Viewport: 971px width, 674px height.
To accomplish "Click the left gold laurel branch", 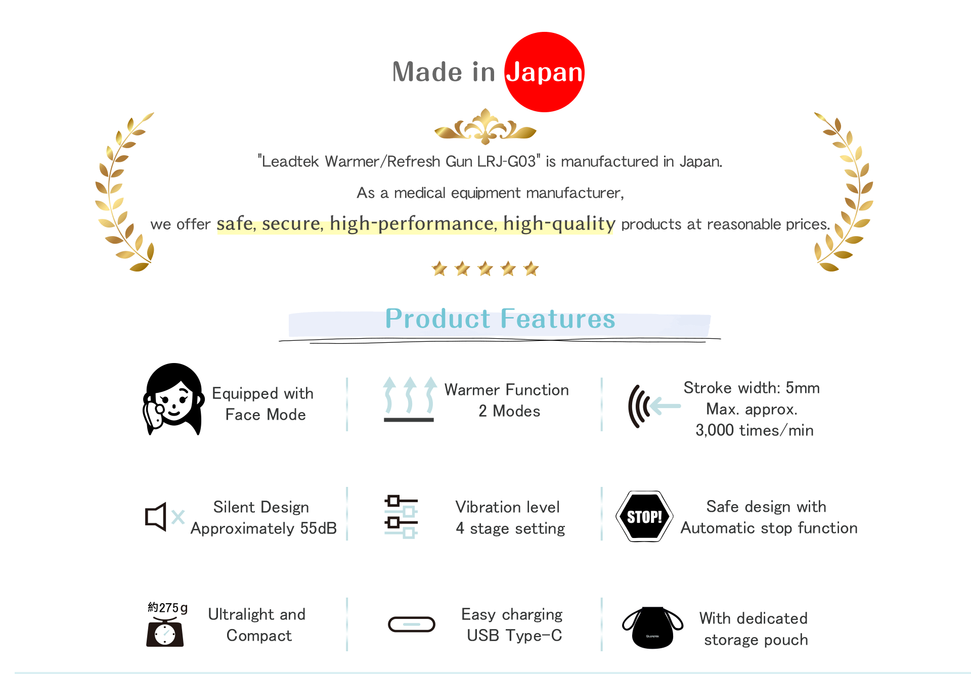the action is pos(124,192).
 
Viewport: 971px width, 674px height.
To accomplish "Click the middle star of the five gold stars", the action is pos(485,268).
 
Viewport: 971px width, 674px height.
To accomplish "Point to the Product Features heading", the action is pos(500,319).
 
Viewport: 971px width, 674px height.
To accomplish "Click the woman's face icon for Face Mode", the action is pos(173,399).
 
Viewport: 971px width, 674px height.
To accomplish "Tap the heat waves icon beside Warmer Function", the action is pos(409,399).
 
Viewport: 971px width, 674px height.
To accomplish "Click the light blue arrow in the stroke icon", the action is pos(665,406).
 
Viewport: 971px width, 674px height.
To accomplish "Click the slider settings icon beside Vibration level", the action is pos(401,516).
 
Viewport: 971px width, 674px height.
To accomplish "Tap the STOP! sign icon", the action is pos(644,516).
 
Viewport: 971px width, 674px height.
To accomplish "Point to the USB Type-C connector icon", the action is pos(412,624).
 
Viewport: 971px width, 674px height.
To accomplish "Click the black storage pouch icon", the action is pos(653,627).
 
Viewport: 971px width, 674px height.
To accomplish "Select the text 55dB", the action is pos(318,528).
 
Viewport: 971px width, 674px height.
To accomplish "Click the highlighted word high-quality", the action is pos(559,223).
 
